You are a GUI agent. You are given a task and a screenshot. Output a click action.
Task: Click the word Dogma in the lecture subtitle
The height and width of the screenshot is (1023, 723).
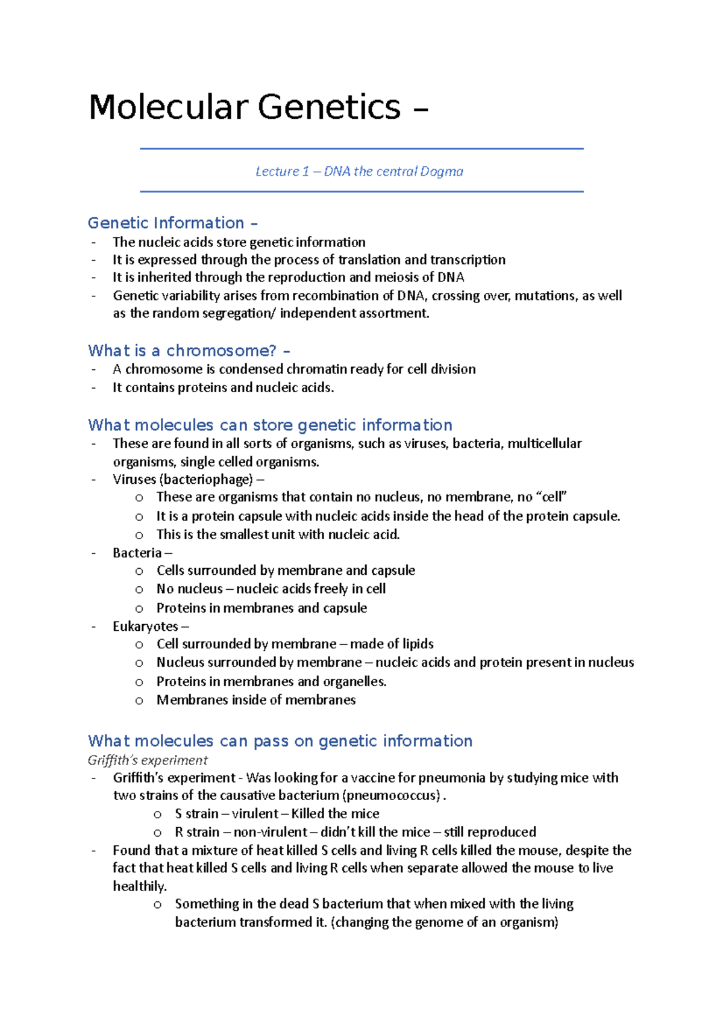(442, 172)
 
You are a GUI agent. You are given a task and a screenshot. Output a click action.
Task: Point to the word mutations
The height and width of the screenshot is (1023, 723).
(545, 296)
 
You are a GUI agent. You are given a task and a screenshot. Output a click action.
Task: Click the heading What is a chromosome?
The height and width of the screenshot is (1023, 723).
(189, 351)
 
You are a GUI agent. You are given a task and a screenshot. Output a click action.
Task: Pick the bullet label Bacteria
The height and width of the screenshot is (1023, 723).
(137, 553)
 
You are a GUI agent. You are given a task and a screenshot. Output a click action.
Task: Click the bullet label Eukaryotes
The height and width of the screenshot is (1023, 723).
(145, 627)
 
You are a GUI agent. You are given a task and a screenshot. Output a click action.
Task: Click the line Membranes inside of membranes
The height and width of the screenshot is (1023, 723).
(256, 700)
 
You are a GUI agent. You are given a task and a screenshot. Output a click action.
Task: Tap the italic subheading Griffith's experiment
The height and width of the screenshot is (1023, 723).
(148, 760)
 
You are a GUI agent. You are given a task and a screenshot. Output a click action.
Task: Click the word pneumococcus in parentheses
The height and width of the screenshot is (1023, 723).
(392, 796)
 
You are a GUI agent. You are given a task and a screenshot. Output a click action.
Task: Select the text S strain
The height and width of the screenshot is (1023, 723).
(196, 814)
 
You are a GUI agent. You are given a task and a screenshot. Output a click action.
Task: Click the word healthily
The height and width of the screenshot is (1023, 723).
(139, 886)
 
